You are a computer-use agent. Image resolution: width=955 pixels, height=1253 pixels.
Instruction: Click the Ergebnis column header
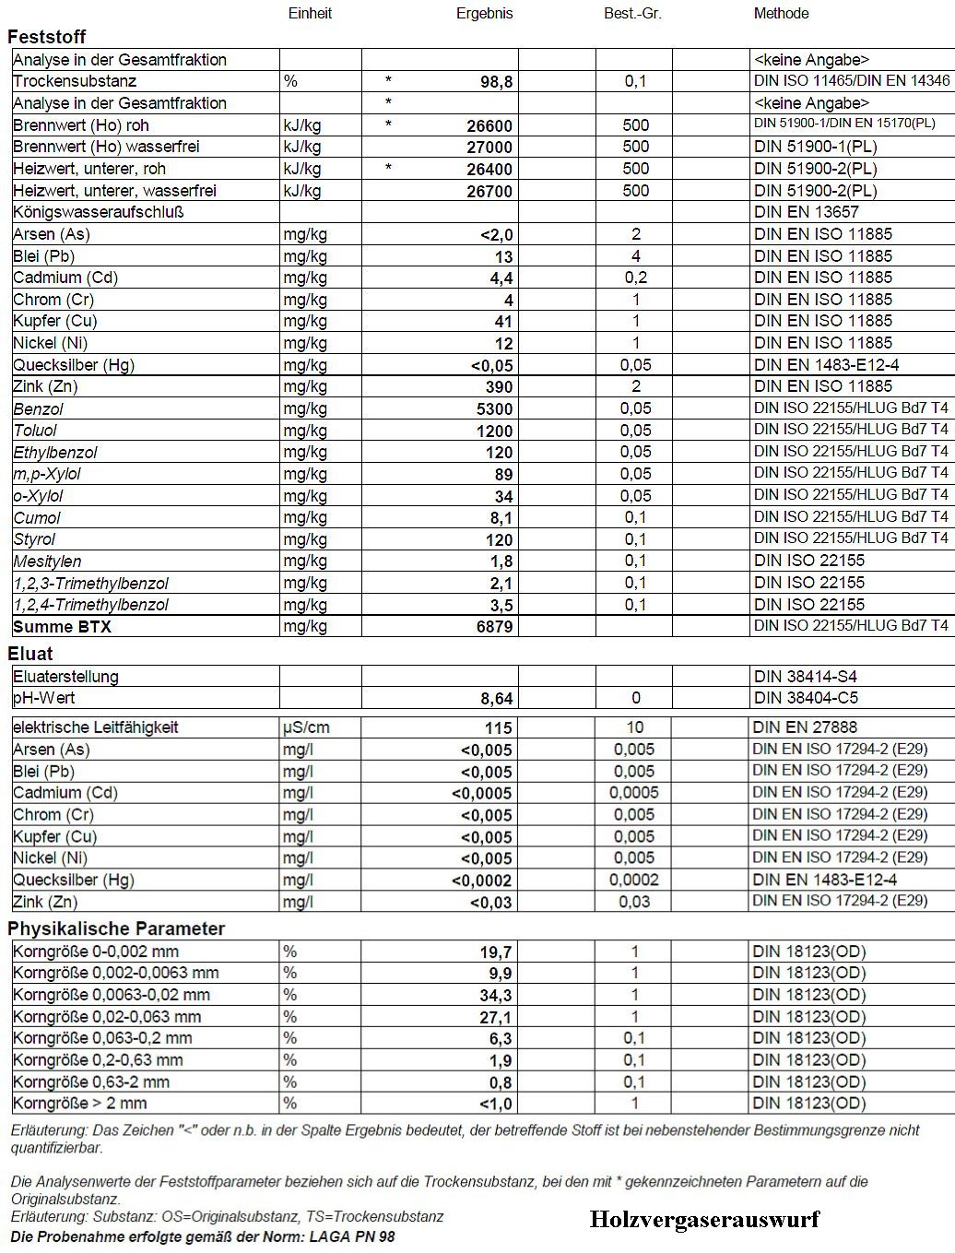[484, 14]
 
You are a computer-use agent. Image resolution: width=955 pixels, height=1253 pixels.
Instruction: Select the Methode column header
[781, 14]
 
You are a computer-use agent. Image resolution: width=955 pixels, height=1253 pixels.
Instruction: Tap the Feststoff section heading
[47, 37]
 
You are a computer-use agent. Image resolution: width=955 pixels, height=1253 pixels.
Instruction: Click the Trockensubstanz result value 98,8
[496, 82]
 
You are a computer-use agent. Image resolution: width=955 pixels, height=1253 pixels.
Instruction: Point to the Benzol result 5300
[489, 408]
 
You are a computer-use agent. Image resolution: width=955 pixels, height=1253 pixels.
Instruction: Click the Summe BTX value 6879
[489, 627]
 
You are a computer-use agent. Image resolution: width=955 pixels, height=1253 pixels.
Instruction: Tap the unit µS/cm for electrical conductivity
[306, 727]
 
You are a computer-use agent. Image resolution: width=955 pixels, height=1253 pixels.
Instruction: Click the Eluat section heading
[30, 654]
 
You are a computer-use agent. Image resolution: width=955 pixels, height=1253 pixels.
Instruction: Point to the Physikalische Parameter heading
[116, 928]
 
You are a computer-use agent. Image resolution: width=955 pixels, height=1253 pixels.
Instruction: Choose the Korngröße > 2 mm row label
[80, 1104]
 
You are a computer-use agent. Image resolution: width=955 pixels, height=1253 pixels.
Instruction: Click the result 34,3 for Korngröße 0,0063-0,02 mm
[496, 996]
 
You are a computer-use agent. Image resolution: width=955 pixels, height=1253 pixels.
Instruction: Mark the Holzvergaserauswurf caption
[704, 1220]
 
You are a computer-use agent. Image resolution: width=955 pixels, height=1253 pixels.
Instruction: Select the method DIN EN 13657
[806, 212]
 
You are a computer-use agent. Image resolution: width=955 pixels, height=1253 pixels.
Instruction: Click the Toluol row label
[35, 431]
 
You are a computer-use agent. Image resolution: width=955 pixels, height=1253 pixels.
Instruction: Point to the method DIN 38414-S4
[805, 677]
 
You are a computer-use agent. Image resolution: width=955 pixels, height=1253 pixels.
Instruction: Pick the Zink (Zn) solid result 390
[496, 387]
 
